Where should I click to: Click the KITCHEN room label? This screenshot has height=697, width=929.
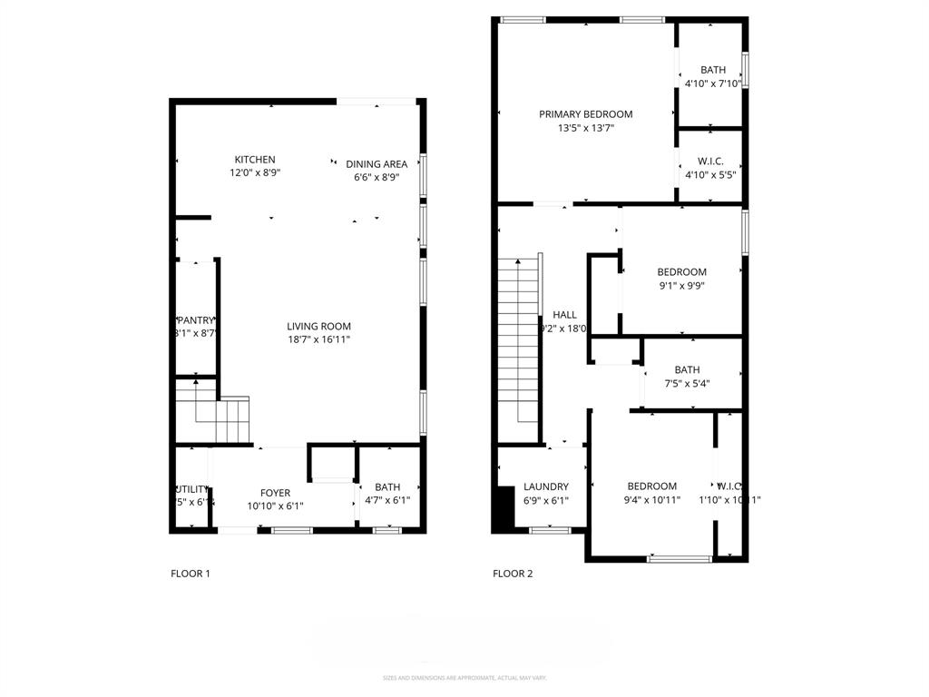(x=255, y=160)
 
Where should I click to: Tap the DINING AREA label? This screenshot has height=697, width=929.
(x=376, y=164)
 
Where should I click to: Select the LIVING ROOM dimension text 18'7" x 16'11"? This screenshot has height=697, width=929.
(x=318, y=339)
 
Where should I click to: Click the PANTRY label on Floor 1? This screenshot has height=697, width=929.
(x=196, y=320)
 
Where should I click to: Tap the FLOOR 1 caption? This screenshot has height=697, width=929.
(x=191, y=574)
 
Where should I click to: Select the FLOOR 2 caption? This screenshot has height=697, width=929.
(x=513, y=574)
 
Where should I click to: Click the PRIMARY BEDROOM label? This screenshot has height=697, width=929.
(x=585, y=114)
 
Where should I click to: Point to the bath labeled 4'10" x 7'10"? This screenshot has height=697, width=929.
(x=712, y=76)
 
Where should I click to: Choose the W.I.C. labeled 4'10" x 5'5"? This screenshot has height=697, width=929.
(x=711, y=167)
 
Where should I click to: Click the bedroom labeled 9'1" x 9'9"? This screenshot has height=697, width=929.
(x=681, y=279)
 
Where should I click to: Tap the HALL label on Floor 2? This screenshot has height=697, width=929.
(x=564, y=315)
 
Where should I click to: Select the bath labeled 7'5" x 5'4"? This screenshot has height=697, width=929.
(x=687, y=376)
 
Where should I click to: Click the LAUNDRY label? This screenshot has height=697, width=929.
(x=545, y=486)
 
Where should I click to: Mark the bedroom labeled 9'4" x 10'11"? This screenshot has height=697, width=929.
(x=651, y=493)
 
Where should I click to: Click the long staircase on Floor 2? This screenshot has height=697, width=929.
(x=519, y=340)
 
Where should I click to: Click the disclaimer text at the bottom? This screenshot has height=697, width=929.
(x=464, y=678)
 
